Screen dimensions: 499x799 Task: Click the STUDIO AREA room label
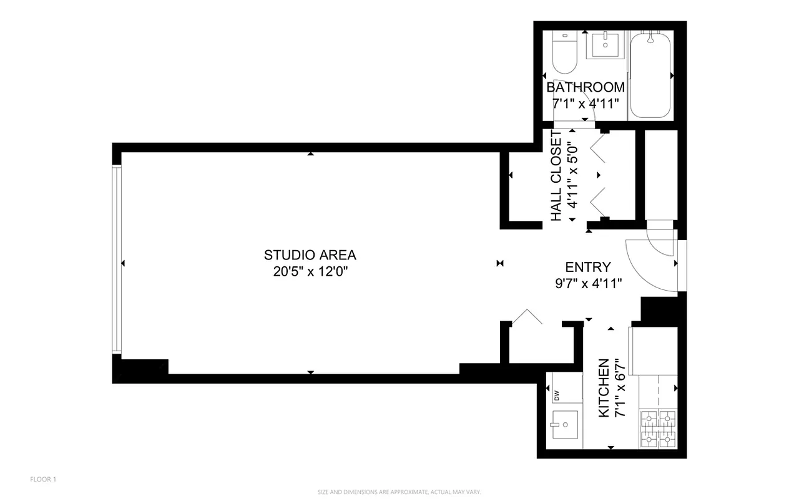[x=310, y=254]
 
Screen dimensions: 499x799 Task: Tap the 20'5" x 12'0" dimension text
[x=310, y=271]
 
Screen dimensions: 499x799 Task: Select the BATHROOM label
[x=585, y=87]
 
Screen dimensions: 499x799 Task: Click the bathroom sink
[x=605, y=45]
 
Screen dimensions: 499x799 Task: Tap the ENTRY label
[x=587, y=267]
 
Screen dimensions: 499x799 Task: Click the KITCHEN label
[x=604, y=388]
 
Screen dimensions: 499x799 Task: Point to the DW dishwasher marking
[x=556, y=394]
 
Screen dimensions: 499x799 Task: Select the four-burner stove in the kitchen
[x=659, y=429]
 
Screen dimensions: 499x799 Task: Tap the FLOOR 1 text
[x=43, y=479]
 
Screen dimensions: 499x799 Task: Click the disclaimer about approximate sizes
[x=399, y=492]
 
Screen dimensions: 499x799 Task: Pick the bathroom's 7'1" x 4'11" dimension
[x=585, y=103]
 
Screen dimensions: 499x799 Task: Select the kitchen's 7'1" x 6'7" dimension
[x=620, y=388]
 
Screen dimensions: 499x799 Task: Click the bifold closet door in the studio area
[x=528, y=316]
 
